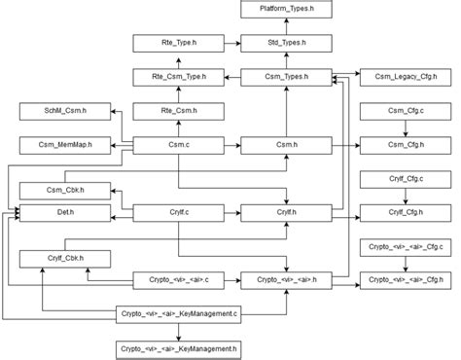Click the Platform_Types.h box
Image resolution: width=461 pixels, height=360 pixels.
point(287,10)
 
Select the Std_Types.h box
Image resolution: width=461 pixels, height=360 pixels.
point(287,44)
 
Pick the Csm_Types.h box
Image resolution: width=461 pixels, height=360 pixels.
point(287,76)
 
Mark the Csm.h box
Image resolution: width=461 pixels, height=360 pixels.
point(287,146)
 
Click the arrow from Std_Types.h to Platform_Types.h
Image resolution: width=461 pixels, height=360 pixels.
point(287,26)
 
